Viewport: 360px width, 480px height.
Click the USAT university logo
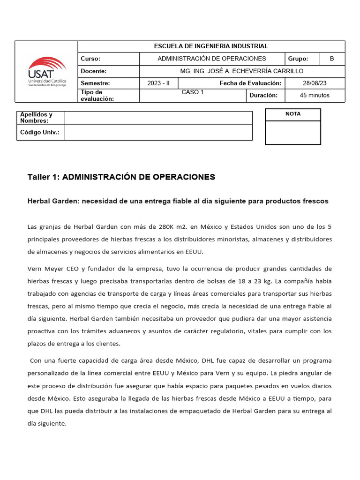47,72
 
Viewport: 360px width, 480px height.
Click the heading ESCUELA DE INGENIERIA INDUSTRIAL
211,46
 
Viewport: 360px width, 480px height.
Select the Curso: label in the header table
91,59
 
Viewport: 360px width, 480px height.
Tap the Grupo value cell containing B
332,59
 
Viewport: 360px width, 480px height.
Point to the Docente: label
94,71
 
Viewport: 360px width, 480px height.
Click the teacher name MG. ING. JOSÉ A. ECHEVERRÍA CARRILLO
242,71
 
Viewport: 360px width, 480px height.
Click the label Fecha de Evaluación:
250,83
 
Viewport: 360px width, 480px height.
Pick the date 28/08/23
315,83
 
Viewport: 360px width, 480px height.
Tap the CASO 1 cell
193,92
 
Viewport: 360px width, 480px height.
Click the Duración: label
263,95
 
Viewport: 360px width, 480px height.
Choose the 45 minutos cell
315,95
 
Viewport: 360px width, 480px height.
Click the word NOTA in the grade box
293,114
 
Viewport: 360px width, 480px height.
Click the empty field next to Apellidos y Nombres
158,118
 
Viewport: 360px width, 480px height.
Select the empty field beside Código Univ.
158,133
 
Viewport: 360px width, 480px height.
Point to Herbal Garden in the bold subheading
53,201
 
